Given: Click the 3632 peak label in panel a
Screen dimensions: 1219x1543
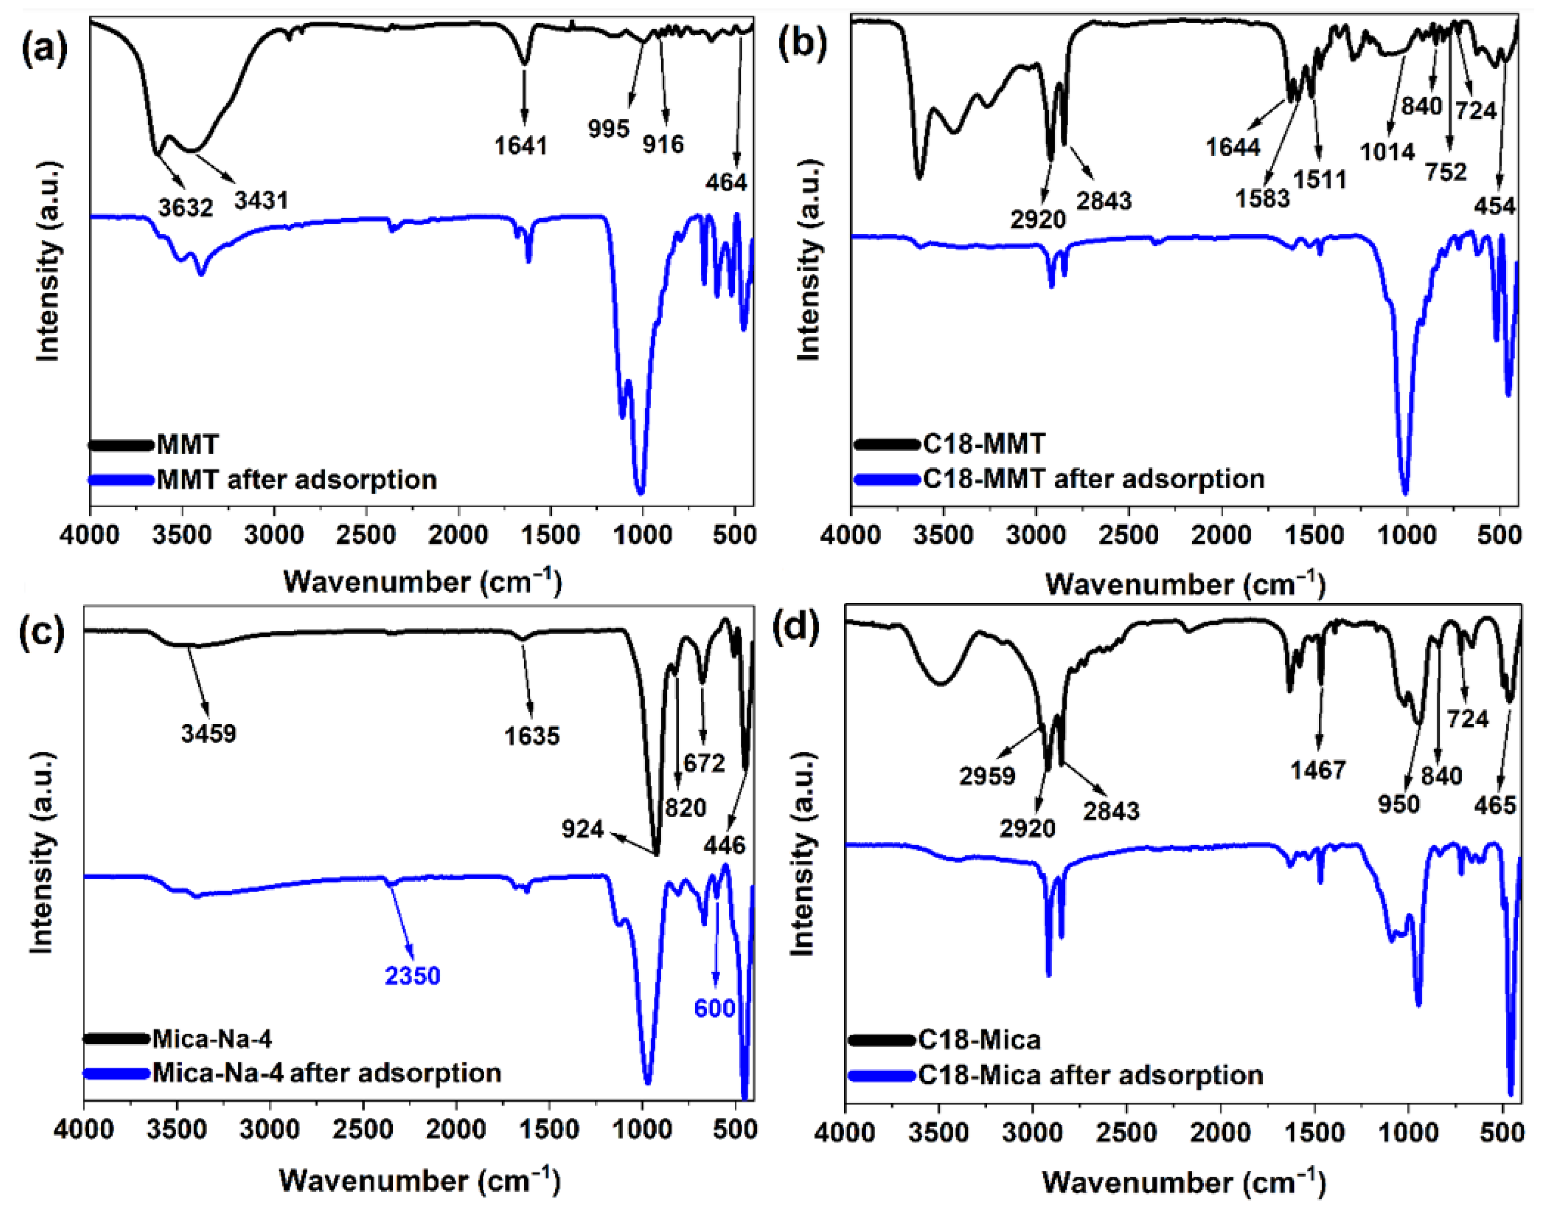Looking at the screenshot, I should (x=186, y=208).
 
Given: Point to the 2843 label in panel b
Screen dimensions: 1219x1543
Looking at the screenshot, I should (x=1104, y=201).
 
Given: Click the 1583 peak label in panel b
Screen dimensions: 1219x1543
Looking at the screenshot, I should (x=1263, y=198).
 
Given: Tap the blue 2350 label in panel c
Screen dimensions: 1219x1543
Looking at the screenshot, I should (x=413, y=975).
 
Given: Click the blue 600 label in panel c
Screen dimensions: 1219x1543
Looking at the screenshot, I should (x=715, y=1008).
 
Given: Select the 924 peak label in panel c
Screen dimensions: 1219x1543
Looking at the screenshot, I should (x=582, y=829).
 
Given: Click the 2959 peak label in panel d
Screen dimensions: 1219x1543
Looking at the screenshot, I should (x=987, y=776).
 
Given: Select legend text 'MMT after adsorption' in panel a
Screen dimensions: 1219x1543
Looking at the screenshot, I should (x=297, y=479).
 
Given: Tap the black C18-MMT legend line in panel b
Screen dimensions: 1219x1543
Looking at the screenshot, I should (x=885, y=445).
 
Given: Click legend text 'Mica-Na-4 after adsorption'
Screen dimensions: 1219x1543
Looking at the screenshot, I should (x=327, y=1073).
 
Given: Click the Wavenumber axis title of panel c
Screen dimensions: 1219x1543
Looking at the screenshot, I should (x=420, y=1180).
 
